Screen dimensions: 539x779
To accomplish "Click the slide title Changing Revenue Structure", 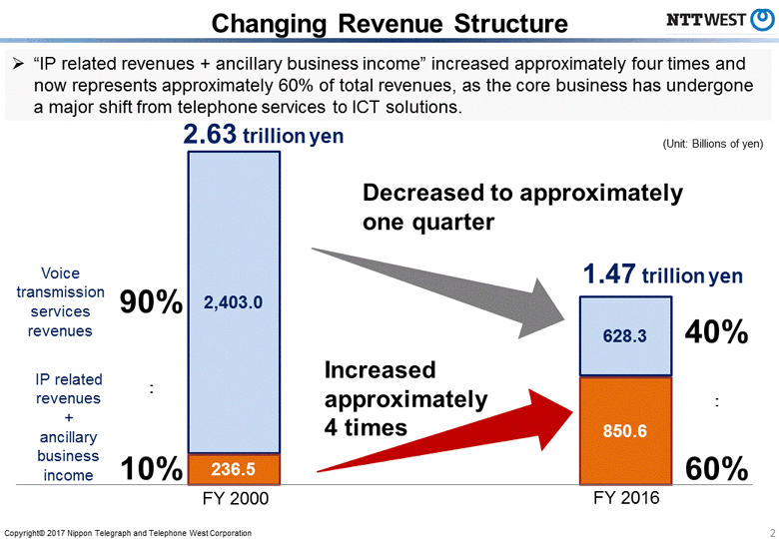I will click(390, 22).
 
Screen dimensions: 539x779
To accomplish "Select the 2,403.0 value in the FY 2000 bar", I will click(233, 301).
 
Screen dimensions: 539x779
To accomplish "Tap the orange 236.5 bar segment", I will click(234, 468).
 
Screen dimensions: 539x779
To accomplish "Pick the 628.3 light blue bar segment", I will click(625, 336).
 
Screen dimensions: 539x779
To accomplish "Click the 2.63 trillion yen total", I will click(263, 135).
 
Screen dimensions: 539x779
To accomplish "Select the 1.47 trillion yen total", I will click(663, 273).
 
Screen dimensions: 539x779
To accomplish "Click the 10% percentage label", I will click(151, 467).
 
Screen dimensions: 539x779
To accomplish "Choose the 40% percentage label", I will click(716, 333).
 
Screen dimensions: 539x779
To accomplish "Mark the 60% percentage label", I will click(716, 468).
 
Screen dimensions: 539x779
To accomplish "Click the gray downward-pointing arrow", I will click(439, 289).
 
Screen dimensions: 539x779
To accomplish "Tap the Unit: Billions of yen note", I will click(712, 144).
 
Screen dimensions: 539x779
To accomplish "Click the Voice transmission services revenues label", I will click(60, 301).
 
